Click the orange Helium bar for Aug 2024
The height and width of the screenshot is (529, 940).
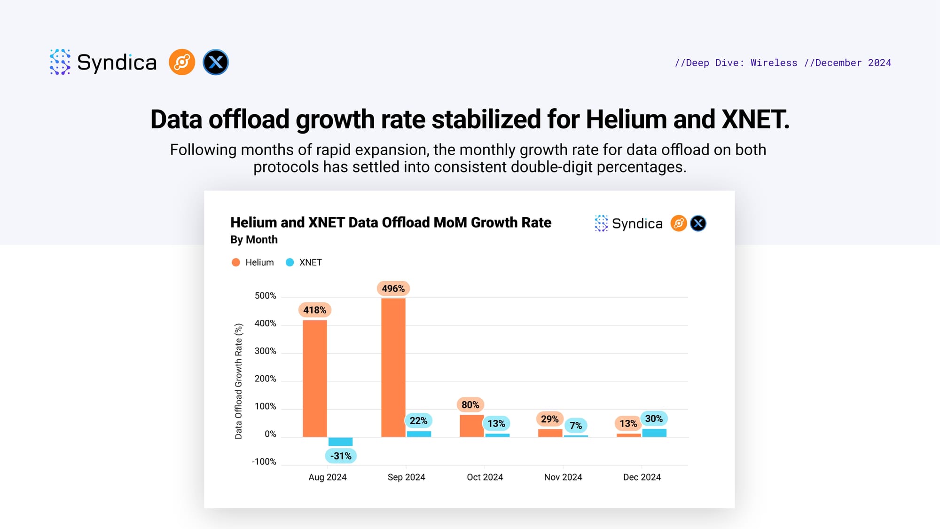pos(314,379)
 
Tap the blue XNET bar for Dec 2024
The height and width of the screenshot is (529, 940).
pos(654,433)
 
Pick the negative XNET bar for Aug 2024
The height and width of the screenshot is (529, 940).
pos(340,442)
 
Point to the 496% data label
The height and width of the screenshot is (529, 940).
pos(393,289)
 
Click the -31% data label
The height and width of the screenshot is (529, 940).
pos(341,456)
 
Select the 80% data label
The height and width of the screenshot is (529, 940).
pos(470,405)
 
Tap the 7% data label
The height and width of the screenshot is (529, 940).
pos(576,426)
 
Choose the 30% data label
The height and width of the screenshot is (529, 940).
pos(654,418)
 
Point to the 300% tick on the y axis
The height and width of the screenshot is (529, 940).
pos(265,351)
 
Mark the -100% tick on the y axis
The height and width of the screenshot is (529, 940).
pos(264,462)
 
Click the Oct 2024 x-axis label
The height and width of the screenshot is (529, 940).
pos(485,477)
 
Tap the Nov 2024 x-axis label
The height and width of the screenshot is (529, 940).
pos(563,477)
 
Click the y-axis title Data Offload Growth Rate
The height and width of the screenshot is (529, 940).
pos(238,381)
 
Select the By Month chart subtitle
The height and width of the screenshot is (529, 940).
pos(254,240)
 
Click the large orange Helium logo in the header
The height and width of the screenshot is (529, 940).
pos(182,62)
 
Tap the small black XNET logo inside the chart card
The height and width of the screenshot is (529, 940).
pos(698,223)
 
